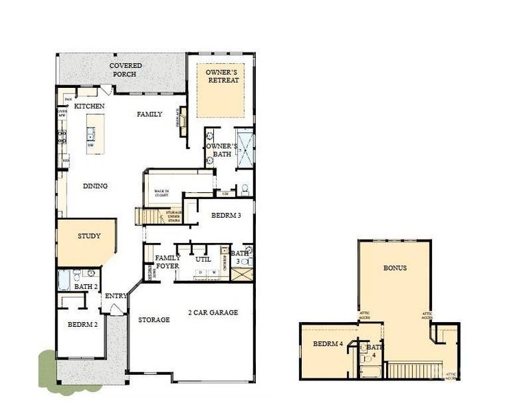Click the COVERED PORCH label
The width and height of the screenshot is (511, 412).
[126, 70]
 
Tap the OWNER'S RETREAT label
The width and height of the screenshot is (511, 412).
[223, 76]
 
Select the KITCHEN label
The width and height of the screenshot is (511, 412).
[89, 106]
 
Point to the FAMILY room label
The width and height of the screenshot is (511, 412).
[149, 114]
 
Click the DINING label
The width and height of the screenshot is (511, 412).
[95, 186]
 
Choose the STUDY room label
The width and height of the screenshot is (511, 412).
[88, 236]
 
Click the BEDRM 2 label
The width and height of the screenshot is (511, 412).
[82, 325]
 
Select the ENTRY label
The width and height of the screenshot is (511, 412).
[116, 296]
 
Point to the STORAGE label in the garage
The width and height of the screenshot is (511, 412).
[154, 320]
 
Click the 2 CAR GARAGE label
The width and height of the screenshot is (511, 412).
[213, 312]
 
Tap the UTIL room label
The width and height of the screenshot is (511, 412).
[203, 260]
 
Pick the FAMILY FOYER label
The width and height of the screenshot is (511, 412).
[168, 262]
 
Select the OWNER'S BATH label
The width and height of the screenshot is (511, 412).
[222, 150]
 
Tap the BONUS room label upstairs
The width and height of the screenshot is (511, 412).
[394, 268]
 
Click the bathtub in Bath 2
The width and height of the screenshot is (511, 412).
[63, 281]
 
